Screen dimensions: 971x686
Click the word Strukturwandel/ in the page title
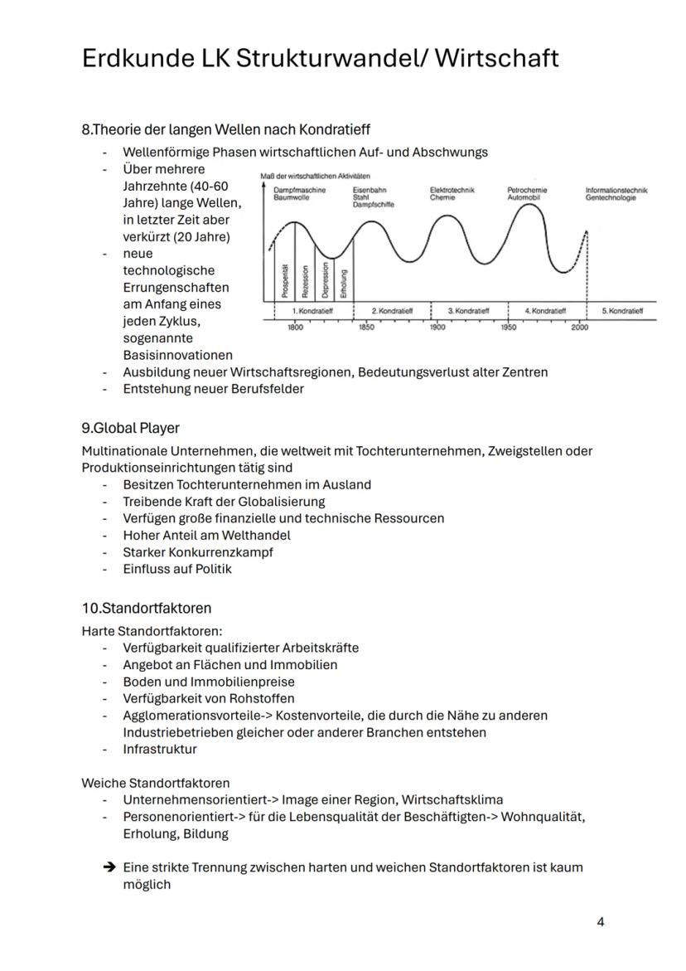click(x=319, y=58)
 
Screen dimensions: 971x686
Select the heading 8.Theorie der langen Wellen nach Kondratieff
click(x=225, y=129)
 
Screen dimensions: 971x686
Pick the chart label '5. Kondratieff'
click(x=622, y=311)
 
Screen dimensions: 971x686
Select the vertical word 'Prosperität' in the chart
click(x=284, y=281)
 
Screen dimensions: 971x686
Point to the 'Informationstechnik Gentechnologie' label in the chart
click(x=616, y=194)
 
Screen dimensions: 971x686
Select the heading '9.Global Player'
click(x=130, y=428)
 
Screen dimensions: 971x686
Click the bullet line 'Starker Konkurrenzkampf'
click(x=198, y=552)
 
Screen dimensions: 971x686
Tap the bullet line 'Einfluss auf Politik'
click(x=177, y=569)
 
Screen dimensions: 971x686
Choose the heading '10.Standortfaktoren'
click(x=146, y=608)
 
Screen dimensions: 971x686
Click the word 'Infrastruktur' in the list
click(x=160, y=749)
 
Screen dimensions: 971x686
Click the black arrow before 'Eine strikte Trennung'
click(x=109, y=867)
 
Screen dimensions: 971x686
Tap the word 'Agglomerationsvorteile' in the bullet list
click(x=191, y=715)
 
